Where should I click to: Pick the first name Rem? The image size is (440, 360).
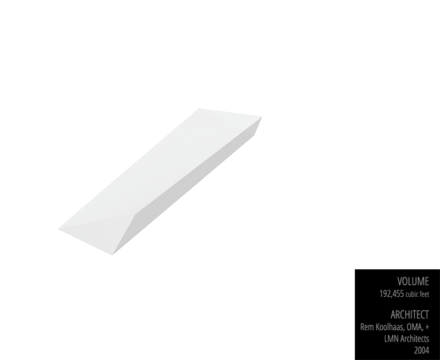pyautogui.click(x=367, y=327)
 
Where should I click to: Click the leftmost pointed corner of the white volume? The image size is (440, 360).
pyautogui.click(x=59, y=227)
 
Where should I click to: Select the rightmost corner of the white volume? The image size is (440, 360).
pyautogui.click(x=261, y=118)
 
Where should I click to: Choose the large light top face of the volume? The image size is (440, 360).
pyautogui.click(x=159, y=165)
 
